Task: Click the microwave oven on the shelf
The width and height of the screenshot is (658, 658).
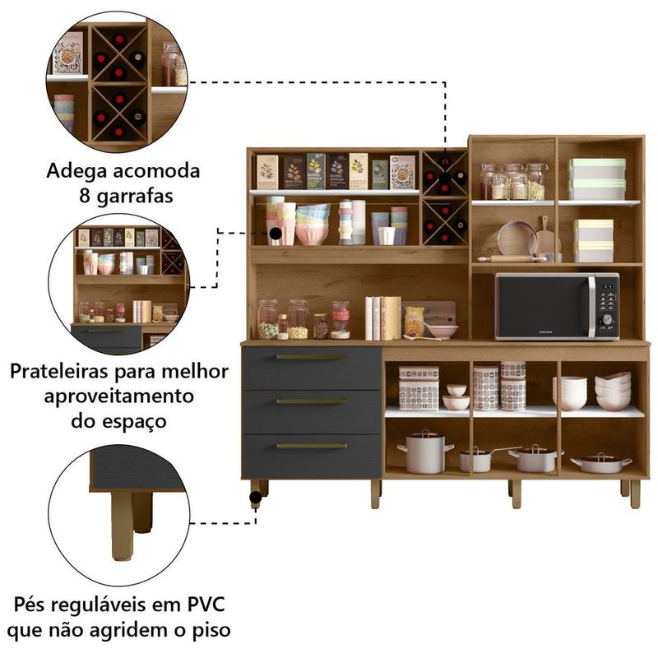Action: pyautogui.click(x=556, y=306)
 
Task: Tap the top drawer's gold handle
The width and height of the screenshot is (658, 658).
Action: pyautogui.click(x=311, y=357)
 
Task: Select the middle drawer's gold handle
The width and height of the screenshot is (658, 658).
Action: pyautogui.click(x=311, y=401)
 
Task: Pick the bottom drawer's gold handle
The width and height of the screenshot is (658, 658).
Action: pyautogui.click(x=311, y=446)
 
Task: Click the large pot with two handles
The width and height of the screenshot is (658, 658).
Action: pyautogui.click(x=425, y=452)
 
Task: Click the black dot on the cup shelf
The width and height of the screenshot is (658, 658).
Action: pyautogui.click(x=276, y=234)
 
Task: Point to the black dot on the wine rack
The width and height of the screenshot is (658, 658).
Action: pyautogui.click(x=445, y=174)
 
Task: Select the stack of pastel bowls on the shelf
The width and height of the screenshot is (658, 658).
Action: pyautogui.click(x=313, y=225)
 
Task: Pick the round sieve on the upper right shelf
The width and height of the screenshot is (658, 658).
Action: pyautogui.click(x=517, y=238)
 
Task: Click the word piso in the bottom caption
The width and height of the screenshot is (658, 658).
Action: pyautogui.click(x=211, y=631)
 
